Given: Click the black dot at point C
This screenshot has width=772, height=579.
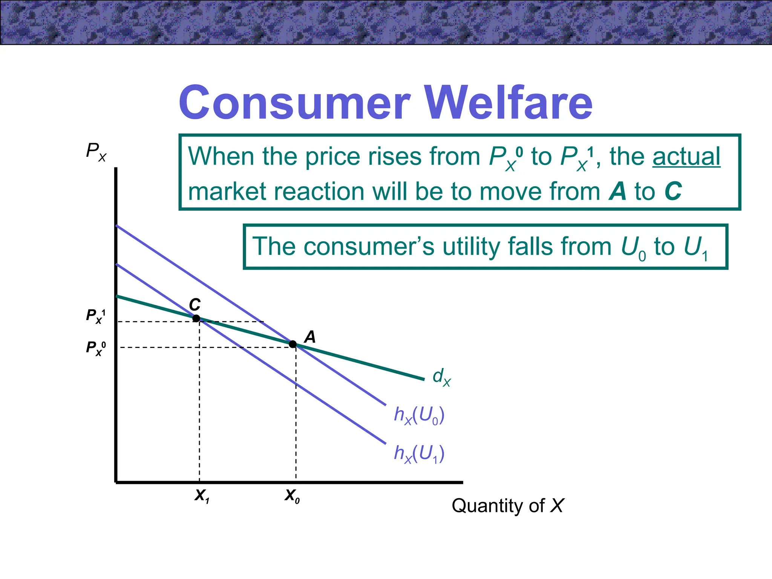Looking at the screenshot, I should coord(196,319).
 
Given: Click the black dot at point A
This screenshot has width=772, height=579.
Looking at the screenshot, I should coord(293,344).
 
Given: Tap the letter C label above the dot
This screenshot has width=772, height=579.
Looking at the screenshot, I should coord(195,304).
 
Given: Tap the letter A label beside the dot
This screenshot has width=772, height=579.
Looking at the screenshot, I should coord(310,337).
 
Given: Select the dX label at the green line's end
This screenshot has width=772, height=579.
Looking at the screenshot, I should coord(441,377).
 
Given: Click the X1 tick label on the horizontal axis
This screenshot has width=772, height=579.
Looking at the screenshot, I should coord(202,496).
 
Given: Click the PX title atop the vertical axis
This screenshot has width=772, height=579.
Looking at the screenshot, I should coord(96,152).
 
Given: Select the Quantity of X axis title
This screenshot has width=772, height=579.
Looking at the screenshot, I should coord(507,505).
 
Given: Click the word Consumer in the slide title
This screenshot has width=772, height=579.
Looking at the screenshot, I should coord(294,103).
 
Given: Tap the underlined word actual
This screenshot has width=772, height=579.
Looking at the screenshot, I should coord(686,156).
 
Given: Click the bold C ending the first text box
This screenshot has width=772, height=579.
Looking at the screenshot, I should coord(673,191).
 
